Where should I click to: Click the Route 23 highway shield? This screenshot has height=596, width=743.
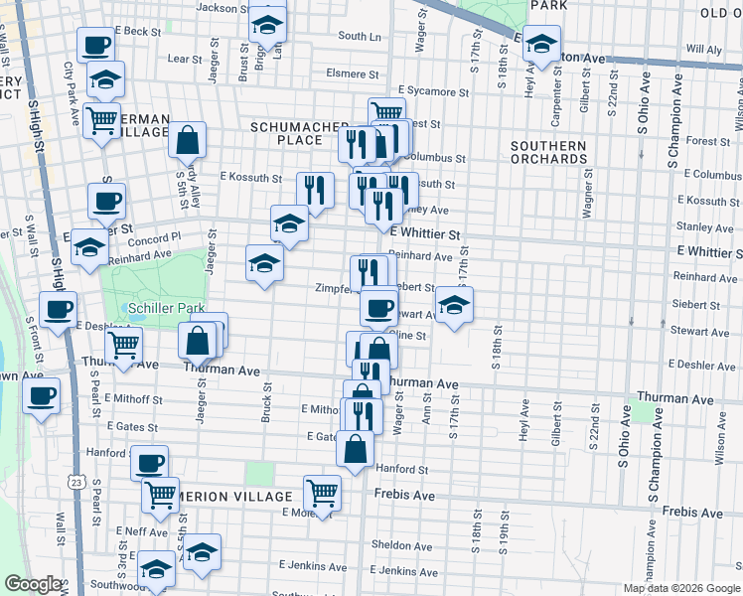76,481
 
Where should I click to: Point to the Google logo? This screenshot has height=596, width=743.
34,584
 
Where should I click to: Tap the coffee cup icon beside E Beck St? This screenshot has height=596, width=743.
96,46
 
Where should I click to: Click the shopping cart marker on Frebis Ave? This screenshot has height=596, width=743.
322,492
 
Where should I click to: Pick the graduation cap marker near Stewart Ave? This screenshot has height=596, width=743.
453,305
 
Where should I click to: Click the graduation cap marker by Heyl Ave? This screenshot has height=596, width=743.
541,46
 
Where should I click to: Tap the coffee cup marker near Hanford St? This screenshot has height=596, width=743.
150,463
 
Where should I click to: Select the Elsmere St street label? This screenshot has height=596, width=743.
352,74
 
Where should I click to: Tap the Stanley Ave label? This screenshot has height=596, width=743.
703,226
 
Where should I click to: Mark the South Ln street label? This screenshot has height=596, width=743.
359,36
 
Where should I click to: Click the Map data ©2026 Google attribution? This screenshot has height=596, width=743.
680,588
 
